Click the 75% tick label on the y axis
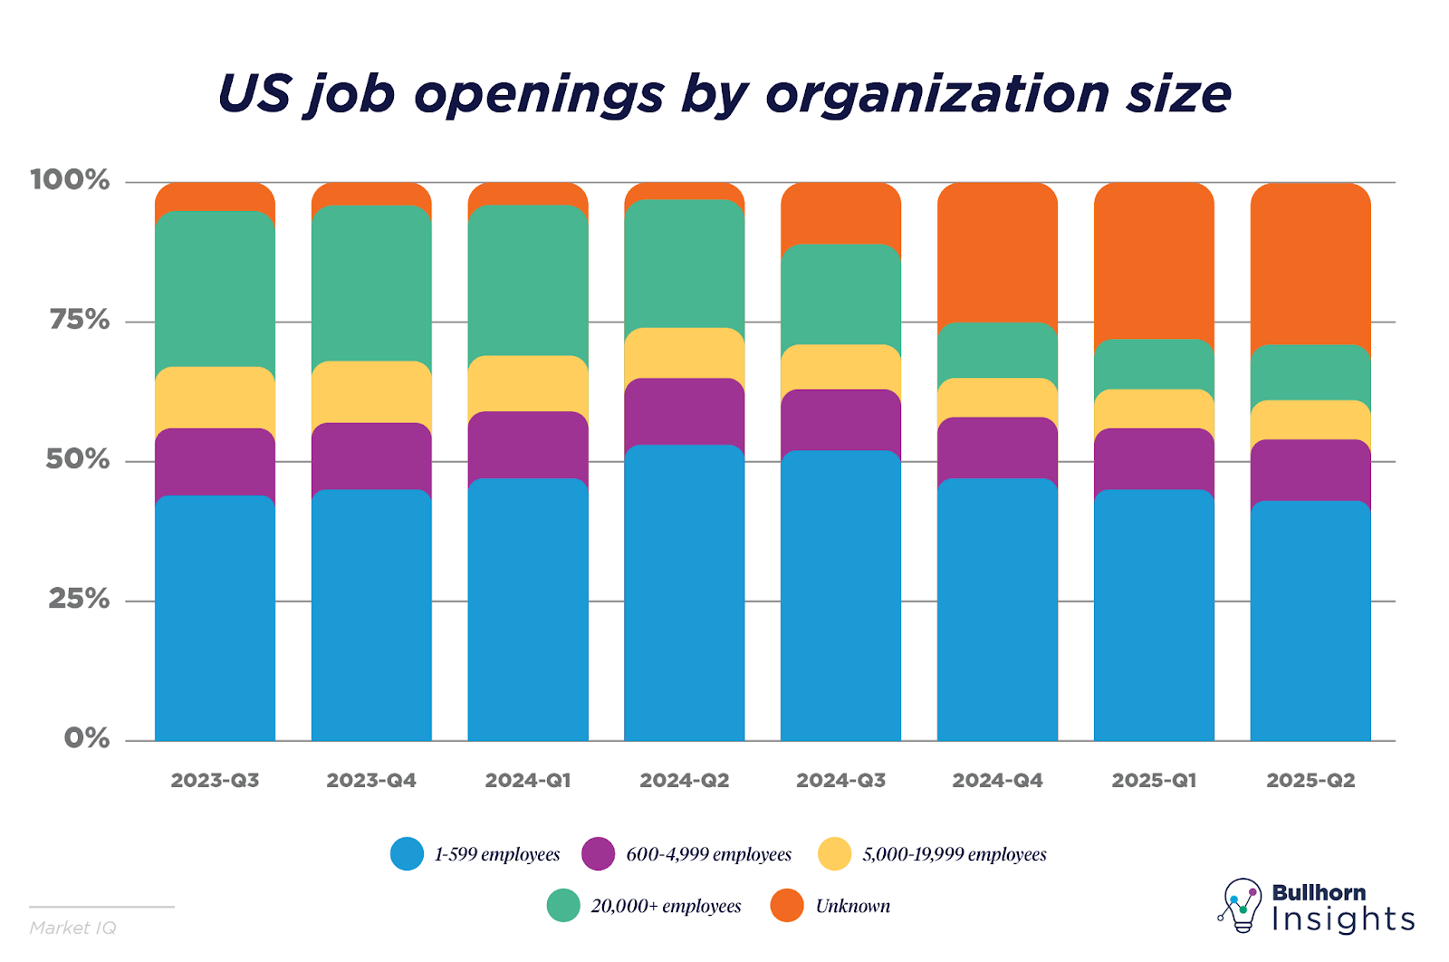click(x=80, y=320)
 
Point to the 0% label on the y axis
click(x=87, y=738)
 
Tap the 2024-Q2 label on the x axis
click(x=685, y=781)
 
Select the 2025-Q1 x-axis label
click(x=1154, y=781)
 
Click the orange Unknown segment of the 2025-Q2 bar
click(x=1310, y=263)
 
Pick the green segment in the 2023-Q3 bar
click(x=215, y=289)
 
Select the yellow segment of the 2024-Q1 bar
click(x=528, y=383)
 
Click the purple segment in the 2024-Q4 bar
click(x=997, y=447)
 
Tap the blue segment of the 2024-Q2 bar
click(x=685, y=593)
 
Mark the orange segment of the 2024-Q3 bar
click(x=841, y=213)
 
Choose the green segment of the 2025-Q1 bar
click(x=1154, y=364)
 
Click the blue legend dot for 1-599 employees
click(x=407, y=854)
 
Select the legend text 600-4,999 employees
click(x=708, y=854)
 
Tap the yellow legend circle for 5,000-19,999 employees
click(x=834, y=854)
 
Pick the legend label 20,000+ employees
click(x=666, y=906)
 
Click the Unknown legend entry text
click(x=852, y=906)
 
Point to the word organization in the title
click(x=937, y=94)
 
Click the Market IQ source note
click(x=72, y=928)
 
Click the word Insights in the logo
click(x=1343, y=919)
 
